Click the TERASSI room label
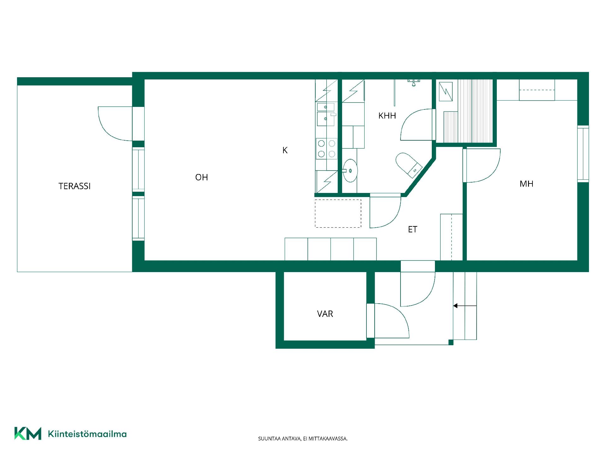pos(74,186)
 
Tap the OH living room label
pos(201,177)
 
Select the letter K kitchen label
pos(285,150)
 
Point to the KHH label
pos(387,116)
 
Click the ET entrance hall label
pos(413,230)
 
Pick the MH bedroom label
pos(526,184)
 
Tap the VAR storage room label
pos(325,314)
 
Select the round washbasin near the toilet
pos(350,171)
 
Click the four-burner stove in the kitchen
pos(327,148)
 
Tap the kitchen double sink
pos(326,114)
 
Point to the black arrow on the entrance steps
pos(465,306)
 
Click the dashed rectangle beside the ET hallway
pos(338,213)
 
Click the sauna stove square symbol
pos(446,91)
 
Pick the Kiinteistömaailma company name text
pos(87,434)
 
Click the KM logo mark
pos(28,434)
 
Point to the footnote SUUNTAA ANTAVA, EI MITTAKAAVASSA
pos(303,439)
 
